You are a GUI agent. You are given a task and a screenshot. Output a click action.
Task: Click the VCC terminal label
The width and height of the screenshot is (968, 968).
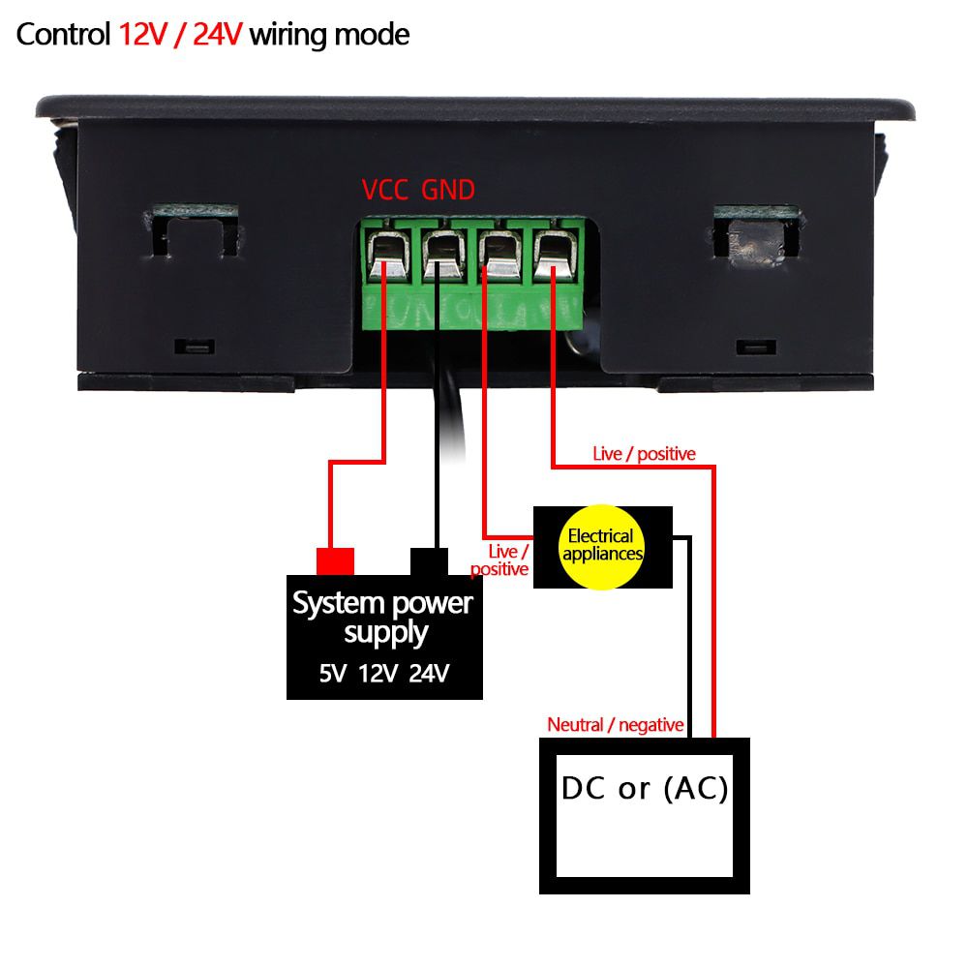point(385,191)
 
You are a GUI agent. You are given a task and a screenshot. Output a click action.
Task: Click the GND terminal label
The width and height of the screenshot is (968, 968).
point(448,191)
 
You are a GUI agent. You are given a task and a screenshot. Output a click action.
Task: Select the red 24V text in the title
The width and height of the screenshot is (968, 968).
point(218,35)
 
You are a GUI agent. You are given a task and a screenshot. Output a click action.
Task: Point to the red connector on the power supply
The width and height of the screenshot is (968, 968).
point(336,560)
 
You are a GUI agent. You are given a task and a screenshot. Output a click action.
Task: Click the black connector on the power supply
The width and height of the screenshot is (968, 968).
point(430,561)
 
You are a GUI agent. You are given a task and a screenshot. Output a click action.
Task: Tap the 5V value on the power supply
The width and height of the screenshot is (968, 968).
point(332,673)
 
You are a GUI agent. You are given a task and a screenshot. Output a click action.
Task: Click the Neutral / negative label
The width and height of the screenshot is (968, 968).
point(616,724)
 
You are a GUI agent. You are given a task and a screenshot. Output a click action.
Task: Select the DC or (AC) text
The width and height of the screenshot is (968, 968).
point(645,789)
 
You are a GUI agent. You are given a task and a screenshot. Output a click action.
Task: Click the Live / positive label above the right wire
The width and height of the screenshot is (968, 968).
point(644,453)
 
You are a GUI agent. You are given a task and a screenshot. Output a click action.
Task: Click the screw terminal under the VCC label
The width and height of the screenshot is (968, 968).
point(386,254)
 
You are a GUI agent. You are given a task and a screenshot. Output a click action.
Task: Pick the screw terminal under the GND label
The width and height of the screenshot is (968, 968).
point(441,254)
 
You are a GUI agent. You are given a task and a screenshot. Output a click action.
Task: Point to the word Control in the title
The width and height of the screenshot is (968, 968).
point(64,35)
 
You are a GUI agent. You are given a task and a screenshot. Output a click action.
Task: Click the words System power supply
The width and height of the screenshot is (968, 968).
point(383,617)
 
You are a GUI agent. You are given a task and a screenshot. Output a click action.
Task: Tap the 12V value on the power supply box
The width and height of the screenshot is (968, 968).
point(378,673)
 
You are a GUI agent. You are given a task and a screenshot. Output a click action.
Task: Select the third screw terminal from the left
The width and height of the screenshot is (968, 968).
point(498,254)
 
